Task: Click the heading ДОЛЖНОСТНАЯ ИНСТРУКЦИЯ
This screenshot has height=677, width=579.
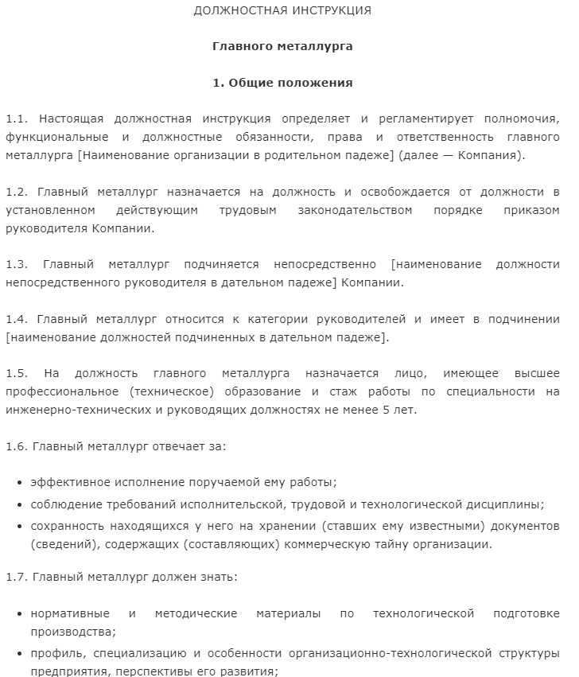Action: point(282,11)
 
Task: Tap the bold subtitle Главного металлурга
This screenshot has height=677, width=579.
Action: point(282,46)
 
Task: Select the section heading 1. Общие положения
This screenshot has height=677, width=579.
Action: point(282,83)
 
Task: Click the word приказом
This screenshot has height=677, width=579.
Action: point(533,210)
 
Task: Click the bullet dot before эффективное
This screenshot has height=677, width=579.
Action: point(18,483)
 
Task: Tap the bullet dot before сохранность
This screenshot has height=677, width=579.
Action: point(18,527)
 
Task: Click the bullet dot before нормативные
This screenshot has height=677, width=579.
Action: point(18,614)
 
